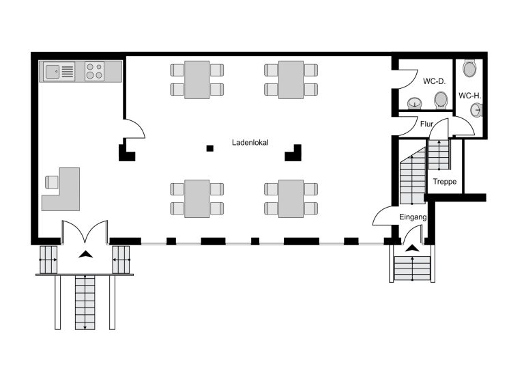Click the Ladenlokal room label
250,143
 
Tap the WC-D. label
434,81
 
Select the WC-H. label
469,96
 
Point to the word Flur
426,124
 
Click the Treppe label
444,182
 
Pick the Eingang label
413,217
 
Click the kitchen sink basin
53,72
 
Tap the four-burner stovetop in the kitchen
94,71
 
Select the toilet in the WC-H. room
469,68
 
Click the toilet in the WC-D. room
441,100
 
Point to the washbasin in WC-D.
415,103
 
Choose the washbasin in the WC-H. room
476,110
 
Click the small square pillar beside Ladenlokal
209,148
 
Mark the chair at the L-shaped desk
51,182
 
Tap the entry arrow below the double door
85,254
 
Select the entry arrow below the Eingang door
412,248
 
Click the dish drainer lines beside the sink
68,72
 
